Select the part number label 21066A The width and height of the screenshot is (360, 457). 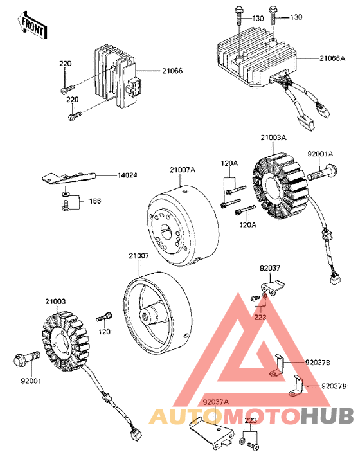click(x=334, y=58)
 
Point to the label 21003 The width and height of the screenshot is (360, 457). click(x=55, y=300)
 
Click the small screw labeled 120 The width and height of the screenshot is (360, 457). click(x=104, y=318)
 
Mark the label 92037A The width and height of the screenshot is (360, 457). click(x=215, y=403)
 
